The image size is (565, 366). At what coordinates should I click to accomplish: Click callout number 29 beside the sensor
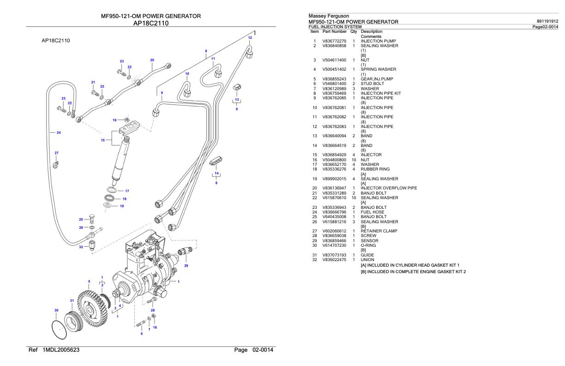click(186, 266)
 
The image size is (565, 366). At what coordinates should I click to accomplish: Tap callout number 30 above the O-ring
click(56, 310)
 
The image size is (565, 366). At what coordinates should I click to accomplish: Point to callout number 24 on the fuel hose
click(59, 133)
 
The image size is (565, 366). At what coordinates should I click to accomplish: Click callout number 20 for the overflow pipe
click(152, 60)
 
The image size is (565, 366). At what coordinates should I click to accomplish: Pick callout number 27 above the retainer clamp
click(56, 152)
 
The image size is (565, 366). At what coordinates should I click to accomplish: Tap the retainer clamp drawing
click(56, 162)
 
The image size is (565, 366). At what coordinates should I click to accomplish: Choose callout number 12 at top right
click(250, 37)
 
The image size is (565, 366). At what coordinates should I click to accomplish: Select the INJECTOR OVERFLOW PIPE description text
click(389, 188)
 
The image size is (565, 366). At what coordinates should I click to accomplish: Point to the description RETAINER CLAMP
click(379, 231)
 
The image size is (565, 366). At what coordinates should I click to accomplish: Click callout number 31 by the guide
click(72, 301)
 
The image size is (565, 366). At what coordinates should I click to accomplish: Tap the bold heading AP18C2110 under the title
click(151, 24)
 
